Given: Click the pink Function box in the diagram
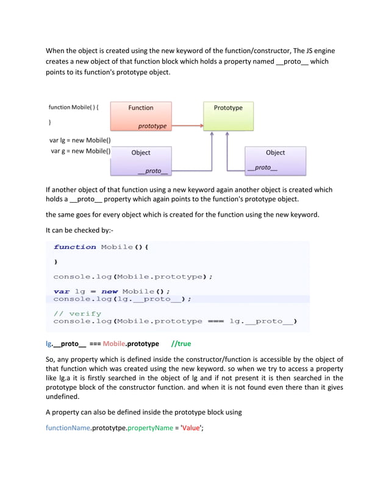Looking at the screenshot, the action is coord(141,116).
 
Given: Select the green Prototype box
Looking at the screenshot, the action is coord(228,116).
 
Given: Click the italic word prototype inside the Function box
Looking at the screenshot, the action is coord(152,126).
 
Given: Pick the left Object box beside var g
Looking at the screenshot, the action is coord(141,160).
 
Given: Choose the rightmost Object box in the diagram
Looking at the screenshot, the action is coord(275,160).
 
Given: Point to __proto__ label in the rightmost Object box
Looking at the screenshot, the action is coord(263,167).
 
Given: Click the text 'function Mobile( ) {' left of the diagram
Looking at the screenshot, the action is coord(74,108).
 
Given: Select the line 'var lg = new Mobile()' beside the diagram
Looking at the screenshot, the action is coord(80,140).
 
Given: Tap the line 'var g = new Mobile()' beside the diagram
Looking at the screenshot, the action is coord(80,151).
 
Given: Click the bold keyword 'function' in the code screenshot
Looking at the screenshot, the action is coord(75,247).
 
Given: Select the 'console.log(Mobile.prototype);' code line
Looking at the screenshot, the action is coord(133,276).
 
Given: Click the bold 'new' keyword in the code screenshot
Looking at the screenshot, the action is coord(109,291).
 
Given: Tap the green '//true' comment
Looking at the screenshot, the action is coord(181,343).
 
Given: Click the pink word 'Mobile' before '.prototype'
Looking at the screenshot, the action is coord(113,343).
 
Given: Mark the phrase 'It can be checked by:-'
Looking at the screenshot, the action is coord(81,230).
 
